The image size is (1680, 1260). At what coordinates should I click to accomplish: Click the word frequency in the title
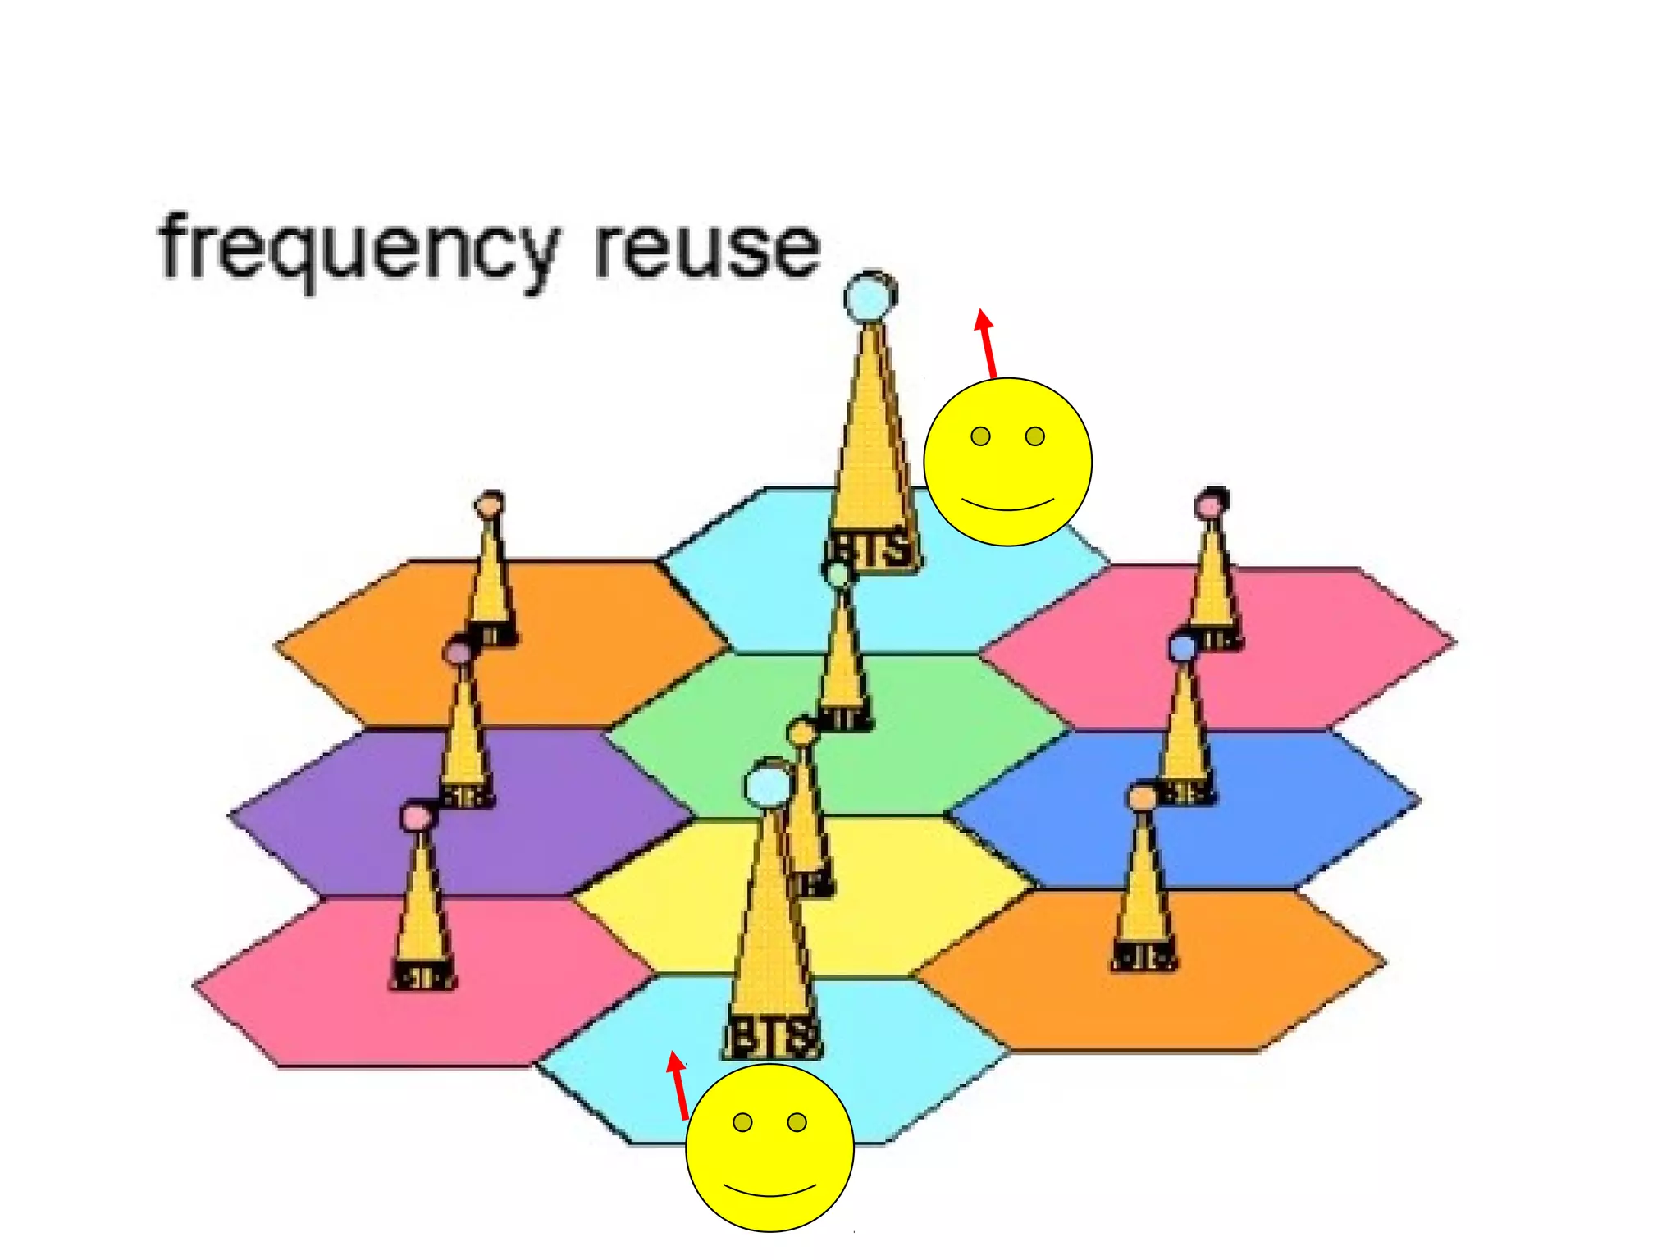pos(358,249)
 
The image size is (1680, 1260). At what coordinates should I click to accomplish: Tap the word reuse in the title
pos(707,248)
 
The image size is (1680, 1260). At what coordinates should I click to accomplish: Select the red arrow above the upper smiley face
pos(987,344)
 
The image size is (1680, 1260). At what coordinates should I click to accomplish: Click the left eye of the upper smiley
pos(980,436)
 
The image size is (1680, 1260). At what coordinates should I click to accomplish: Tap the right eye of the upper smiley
pos(1035,436)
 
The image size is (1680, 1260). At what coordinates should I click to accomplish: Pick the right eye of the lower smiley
pos(797,1122)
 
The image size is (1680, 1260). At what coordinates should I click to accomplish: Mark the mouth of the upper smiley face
pos(1008,504)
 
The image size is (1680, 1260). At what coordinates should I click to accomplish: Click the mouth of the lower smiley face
pos(769,1190)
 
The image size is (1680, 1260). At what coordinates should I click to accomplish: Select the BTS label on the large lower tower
pos(772,1037)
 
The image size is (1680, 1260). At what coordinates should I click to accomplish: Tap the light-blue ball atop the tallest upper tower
pos(870,296)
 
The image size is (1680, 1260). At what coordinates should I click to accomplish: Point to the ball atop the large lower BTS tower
pos(768,784)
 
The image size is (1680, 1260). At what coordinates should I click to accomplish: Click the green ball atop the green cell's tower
pos(838,574)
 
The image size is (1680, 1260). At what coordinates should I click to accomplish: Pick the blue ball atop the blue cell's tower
pos(1182,648)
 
